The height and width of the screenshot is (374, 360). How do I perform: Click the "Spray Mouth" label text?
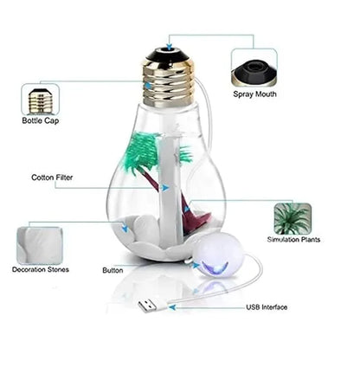(254, 93)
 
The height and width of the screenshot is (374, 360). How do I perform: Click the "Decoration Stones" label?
(41, 270)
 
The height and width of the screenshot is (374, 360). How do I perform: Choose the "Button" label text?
(112, 270)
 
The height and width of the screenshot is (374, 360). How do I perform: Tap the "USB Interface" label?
(267, 307)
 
